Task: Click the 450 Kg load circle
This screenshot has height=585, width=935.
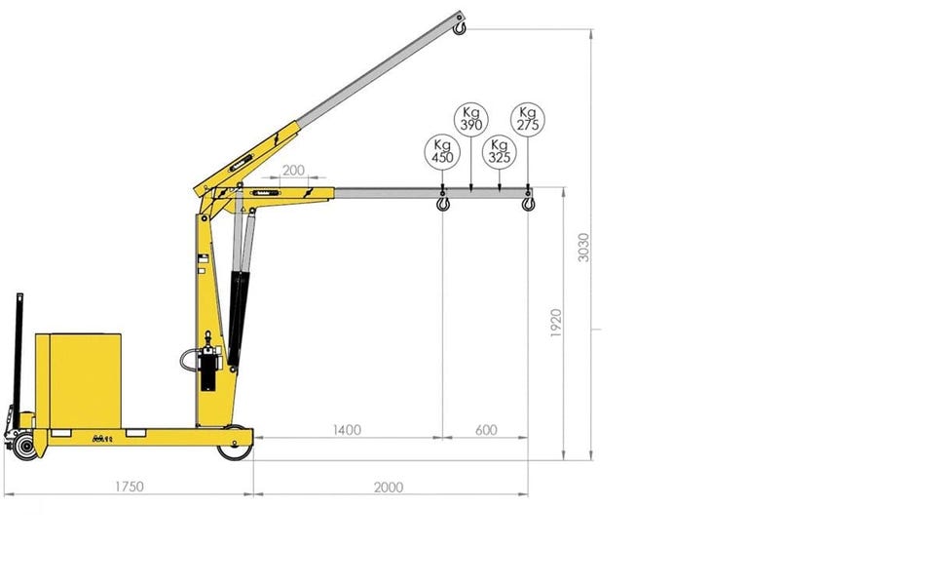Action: point(442,150)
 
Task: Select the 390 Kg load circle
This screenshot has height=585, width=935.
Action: point(471,119)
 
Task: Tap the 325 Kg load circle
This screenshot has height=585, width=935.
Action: point(499,150)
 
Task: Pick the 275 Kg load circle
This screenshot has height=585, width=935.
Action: point(528,119)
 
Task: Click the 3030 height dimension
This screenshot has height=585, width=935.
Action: point(583,247)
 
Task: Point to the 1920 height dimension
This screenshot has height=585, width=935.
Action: point(556,323)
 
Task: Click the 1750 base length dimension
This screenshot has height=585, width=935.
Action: point(130,487)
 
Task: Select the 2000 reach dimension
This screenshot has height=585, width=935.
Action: point(389,487)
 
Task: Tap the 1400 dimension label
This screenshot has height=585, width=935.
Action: point(347,430)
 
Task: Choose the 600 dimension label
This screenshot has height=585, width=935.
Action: point(486,430)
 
